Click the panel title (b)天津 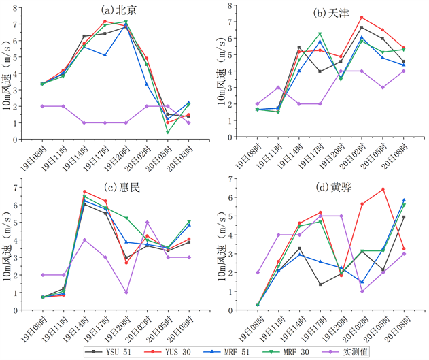333,13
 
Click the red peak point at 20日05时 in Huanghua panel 383,189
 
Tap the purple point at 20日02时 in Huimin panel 147,222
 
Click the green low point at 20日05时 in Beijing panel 167,132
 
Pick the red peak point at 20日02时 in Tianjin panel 362,17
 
